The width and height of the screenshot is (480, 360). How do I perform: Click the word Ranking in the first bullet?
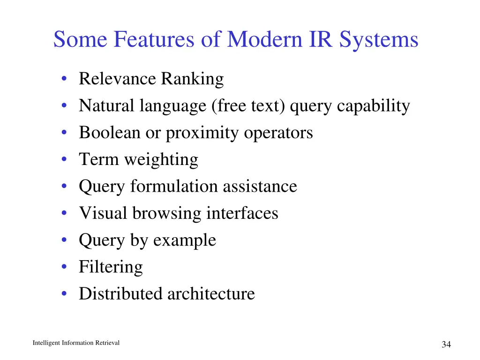[x=192, y=79]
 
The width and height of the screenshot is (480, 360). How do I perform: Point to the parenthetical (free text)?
[x=248, y=106]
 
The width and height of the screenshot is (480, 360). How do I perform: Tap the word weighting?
[x=161, y=160]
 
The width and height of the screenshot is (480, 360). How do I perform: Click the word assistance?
[x=260, y=186]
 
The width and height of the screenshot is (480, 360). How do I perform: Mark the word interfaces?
[x=242, y=213]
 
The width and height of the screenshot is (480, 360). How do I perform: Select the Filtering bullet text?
[x=111, y=267]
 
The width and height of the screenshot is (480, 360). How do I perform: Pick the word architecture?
[x=211, y=294]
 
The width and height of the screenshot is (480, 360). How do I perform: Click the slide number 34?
[x=446, y=345]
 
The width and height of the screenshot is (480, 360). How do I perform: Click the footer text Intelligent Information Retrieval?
[x=76, y=343]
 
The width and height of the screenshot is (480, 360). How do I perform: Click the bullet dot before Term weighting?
[x=63, y=160]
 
